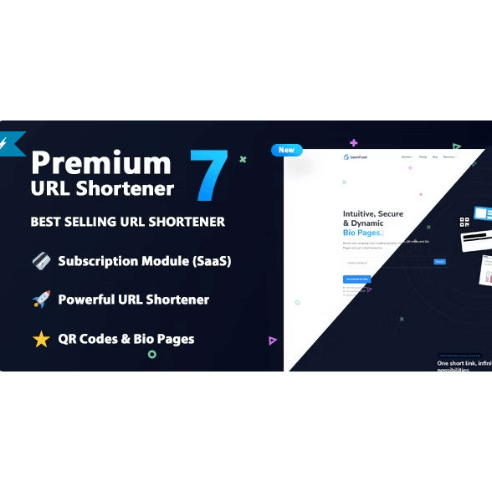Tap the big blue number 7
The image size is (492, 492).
coord(208,176)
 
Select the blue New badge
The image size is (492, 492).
coord(286,150)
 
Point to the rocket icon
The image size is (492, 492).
coord(41,300)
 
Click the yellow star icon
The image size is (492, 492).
coord(41,339)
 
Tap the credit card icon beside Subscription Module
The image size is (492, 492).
coord(41,261)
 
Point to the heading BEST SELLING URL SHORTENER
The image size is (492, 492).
coord(127,222)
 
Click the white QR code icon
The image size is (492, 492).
coord(464,222)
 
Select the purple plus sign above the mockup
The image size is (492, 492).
coord(354,143)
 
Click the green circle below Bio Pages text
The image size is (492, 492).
coord(151,354)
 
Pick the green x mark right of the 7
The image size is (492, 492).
coord(243,159)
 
